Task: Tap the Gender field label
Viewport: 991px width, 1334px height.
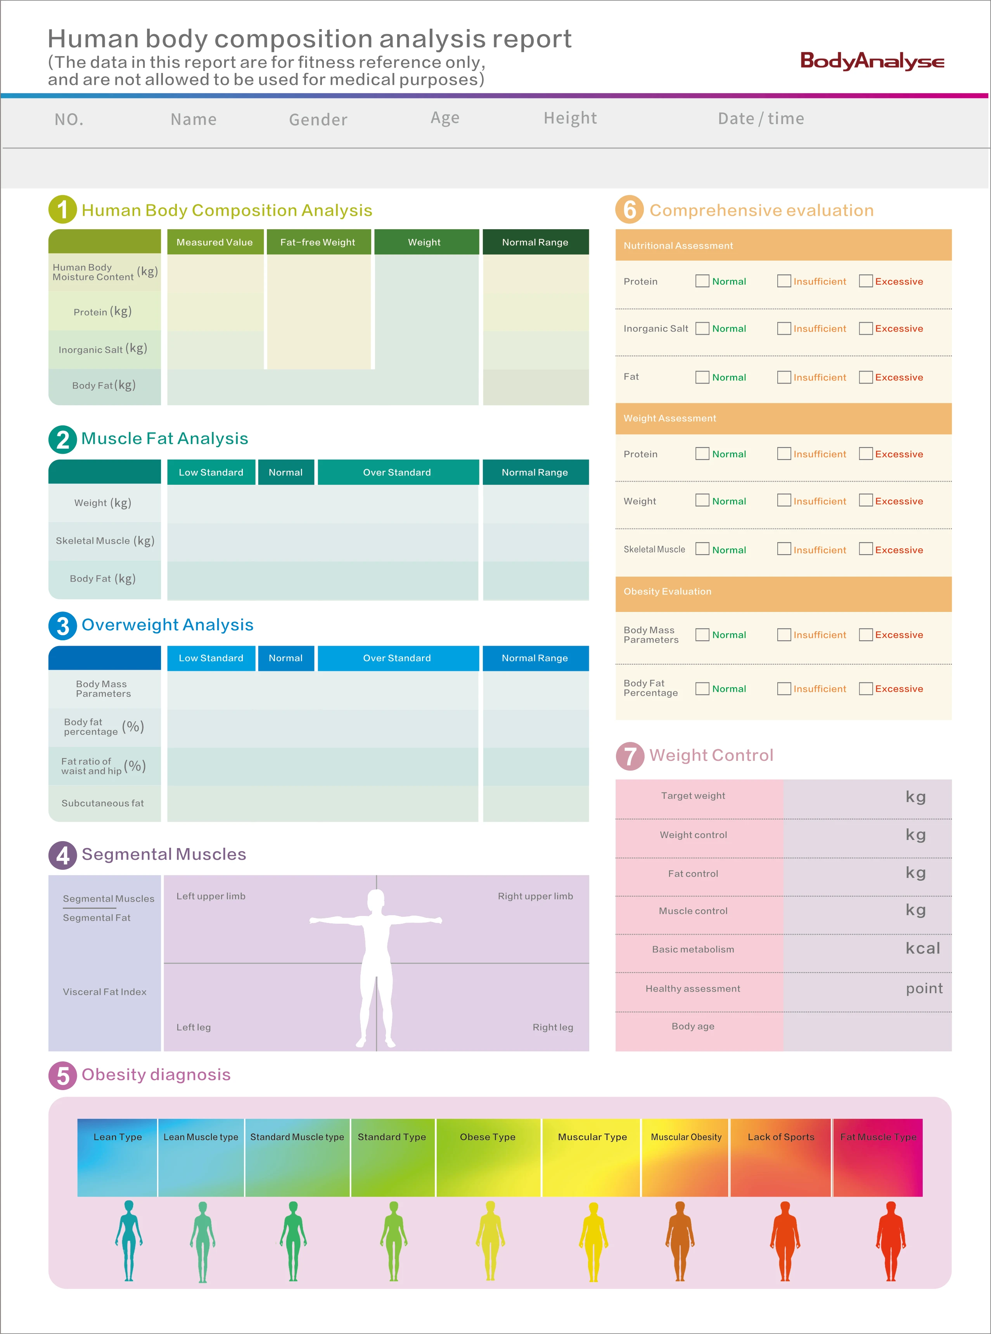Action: click(318, 120)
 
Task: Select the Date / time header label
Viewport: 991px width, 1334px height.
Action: click(761, 119)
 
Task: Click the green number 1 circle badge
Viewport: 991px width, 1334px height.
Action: click(62, 210)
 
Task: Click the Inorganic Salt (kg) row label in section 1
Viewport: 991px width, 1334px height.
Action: click(102, 349)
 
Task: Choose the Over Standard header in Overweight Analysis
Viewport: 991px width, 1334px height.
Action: click(396, 658)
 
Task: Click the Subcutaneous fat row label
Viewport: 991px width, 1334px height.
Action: click(102, 803)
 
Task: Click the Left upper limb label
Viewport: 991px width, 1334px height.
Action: click(211, 896)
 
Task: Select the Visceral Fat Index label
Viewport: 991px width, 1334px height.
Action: click(104, 992)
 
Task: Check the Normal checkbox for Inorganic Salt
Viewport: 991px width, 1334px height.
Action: click(702, 329)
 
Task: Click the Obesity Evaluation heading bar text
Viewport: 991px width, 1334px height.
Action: click(667, 591)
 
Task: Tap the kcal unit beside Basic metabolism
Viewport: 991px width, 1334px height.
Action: click(923, 948)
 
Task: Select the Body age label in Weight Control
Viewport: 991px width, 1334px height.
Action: click(693, 1026)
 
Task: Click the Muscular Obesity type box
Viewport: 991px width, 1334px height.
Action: click(686, 1157)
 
